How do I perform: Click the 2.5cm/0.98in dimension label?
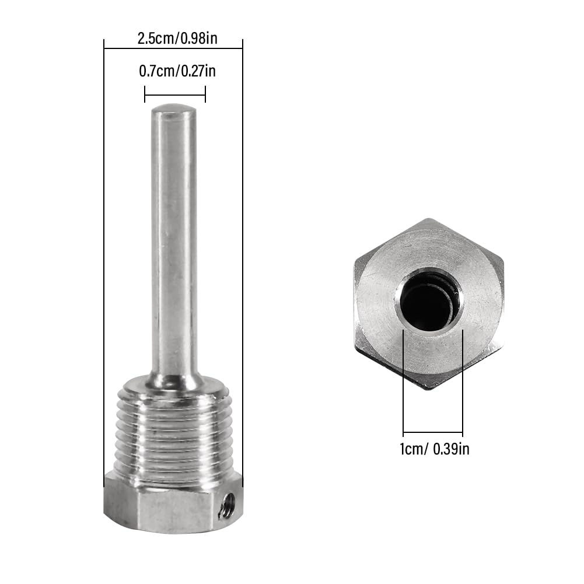pyautogui.click(x=174, y=39)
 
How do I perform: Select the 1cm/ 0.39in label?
pyautogui.click(x=435, y=449)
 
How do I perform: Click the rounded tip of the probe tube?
pyautogui.click(x=173, y=110)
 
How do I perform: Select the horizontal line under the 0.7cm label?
pyautogui.click(x=175, y=94)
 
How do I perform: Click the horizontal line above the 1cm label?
pyautogui.click(x=433, y=433)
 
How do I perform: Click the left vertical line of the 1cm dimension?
pyautogui.click(x=403, y=385)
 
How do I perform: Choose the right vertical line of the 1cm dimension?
pyautogui.click(x=463, y=385)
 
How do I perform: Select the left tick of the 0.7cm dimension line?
pyautogui.click(x=145, y=94)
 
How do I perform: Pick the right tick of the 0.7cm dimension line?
pyautogui.click(x=205, y=94)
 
